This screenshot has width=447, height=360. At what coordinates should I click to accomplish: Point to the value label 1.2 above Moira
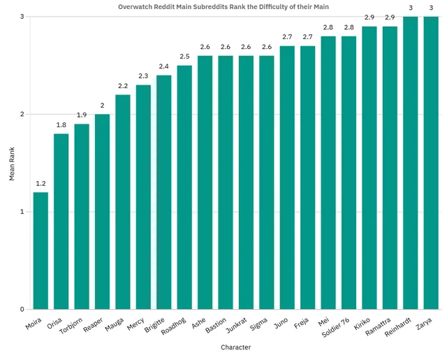point(41,184)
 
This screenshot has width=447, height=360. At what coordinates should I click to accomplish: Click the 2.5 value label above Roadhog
point(184,57)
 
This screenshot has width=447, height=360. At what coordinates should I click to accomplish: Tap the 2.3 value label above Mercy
point(143,76)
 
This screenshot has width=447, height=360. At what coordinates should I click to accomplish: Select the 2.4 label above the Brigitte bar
point(163,66)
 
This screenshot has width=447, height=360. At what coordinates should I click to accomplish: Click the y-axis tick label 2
point(22,114)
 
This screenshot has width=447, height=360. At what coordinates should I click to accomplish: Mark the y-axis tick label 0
point(22,309)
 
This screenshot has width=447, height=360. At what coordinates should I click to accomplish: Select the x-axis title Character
point(235,347)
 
